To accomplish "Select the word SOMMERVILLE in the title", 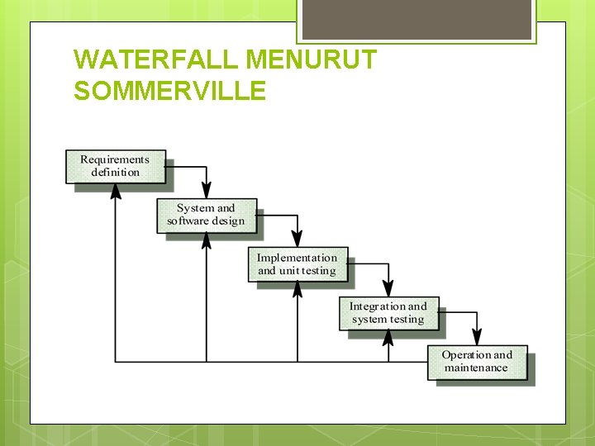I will click(169, 89).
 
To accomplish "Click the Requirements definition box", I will click(116, 166).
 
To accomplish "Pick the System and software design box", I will click(207, 215).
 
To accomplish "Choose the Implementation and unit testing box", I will click(297, 264).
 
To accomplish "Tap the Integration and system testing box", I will click(388, 313).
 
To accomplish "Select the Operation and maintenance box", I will click(477, 362).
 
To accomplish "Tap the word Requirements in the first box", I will click(115, 159).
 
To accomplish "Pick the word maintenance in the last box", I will click(476, 368).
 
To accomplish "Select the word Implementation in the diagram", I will click(297, 258).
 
